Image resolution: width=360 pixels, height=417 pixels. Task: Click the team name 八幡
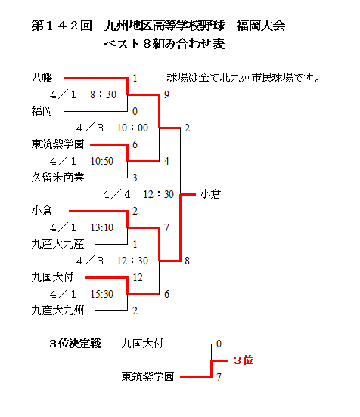(42, 78)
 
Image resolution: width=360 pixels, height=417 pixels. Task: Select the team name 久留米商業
(57, 178)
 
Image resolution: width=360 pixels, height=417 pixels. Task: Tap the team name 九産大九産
(57, 244)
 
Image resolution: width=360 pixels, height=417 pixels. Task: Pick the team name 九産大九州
(57, 310)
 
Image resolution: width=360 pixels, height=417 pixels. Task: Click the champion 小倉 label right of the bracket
(210, 194)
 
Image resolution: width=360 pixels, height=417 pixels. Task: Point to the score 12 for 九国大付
(138, 277)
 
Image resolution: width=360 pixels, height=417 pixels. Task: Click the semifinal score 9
(166, 94)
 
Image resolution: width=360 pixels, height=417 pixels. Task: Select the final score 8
(188, 261)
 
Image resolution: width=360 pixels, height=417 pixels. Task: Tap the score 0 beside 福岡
(135, 111)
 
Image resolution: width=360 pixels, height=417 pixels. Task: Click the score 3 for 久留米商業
(135, 178)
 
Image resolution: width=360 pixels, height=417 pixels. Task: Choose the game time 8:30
(104, 94)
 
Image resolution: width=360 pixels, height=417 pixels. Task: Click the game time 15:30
(101, 294)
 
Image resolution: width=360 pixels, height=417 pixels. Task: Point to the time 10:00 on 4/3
(132, 128)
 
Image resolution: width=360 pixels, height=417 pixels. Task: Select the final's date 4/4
(116, 194)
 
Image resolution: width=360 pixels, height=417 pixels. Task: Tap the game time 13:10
(101, 227)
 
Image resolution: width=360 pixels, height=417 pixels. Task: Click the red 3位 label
(244, 360)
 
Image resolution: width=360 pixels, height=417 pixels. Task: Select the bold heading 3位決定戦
(75, 344)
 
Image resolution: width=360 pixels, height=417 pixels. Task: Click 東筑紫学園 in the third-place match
(147, 377)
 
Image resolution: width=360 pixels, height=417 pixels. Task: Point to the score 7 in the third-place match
(219, 377)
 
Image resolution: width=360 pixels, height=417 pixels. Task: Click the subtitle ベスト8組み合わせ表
(164, 44)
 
